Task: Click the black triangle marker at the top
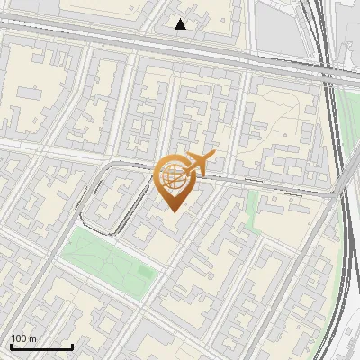pyautogui.click(x=181, y=24)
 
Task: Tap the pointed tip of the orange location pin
pyautogui.click(x=173, y=211)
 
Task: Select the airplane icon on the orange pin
pyautogui.click(x=197, y=164)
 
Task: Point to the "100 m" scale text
pyautogui.click(x=24, y=338)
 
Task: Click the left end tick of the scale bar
pyautogui.click(x=11, y=346)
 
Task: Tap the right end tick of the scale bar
pyautogui.click(x=72, y=346)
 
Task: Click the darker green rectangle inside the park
pyautogui.click(x=144, y=272)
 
